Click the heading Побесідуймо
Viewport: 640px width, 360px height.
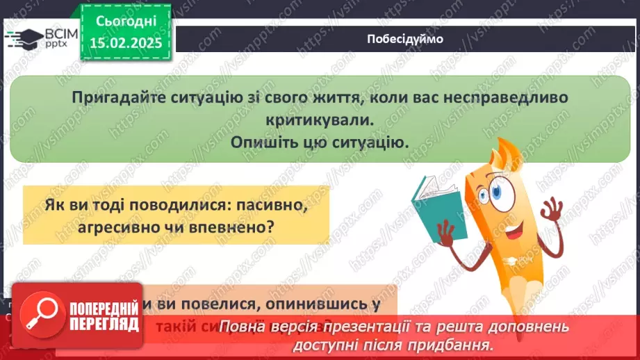(x=404, y=39)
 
